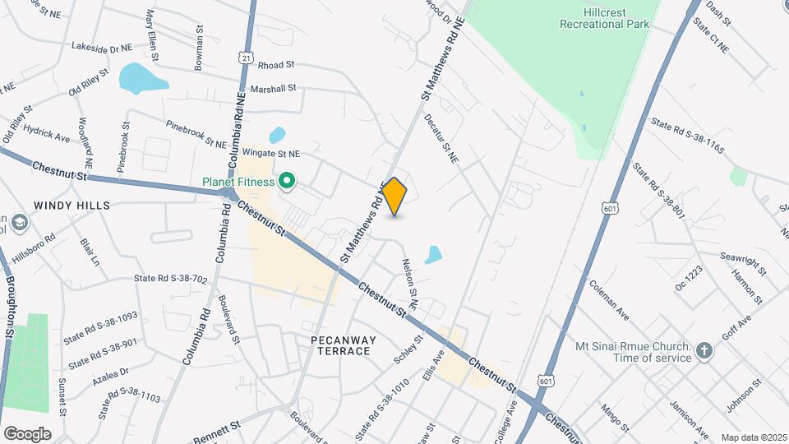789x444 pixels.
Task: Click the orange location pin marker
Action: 394,196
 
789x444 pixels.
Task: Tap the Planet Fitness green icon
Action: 287,179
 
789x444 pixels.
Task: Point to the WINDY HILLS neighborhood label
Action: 72,205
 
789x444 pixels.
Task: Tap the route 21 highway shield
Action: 247,58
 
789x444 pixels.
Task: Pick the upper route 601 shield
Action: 609,210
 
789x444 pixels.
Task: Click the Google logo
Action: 27,433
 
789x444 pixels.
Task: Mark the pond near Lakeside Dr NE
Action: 142,79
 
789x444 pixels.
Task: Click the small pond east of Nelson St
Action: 434,255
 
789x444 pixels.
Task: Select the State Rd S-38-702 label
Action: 171,280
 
